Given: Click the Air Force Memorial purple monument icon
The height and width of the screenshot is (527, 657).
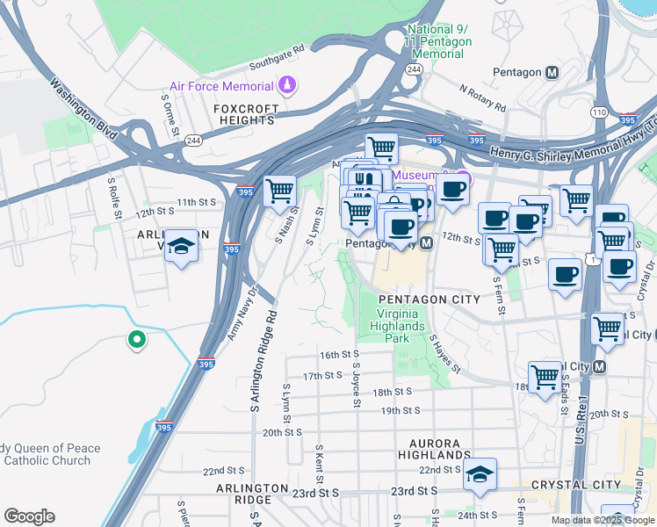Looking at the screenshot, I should (287, 85).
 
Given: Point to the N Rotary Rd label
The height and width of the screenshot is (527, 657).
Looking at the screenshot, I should (482, 97).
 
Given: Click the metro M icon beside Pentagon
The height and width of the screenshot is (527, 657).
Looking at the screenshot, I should (552, 73).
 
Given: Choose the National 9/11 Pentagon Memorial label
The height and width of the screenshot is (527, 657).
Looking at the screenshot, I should (438, 41).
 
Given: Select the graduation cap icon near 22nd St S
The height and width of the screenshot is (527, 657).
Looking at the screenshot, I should (480, 474).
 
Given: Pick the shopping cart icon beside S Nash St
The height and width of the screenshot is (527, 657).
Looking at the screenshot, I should (279, 189).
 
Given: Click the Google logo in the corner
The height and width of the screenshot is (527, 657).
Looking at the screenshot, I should (29, 516).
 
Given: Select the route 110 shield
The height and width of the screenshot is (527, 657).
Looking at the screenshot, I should (599, 112).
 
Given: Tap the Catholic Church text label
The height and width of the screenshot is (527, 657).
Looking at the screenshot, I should (47, 460).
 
